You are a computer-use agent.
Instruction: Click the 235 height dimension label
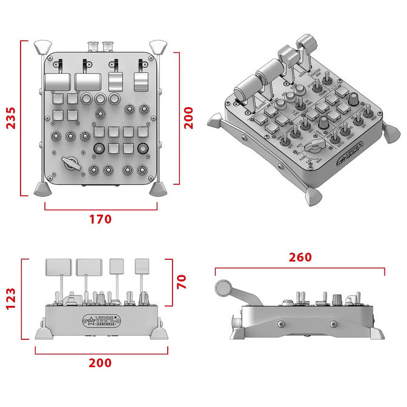coord(11,118)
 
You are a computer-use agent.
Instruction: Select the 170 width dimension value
coord(100,219)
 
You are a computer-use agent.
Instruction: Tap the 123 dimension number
coord(11,299)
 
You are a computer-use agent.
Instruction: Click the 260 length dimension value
coord(300,257)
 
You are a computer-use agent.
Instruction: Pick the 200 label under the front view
coord(100,363)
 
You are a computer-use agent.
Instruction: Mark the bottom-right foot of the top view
coord(157,189)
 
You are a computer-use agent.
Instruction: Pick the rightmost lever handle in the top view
coord(142,82)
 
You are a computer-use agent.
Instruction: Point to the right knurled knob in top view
coord(144,148)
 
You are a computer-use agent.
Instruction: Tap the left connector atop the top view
coord(94,45)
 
